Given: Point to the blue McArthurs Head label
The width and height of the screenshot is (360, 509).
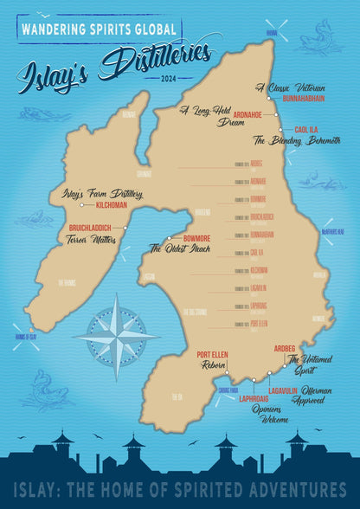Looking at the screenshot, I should pyautogui.click(x=335, y=232).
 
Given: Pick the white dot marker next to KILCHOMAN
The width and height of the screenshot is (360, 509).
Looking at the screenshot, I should pyautogui.click(x=80, y=205).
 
